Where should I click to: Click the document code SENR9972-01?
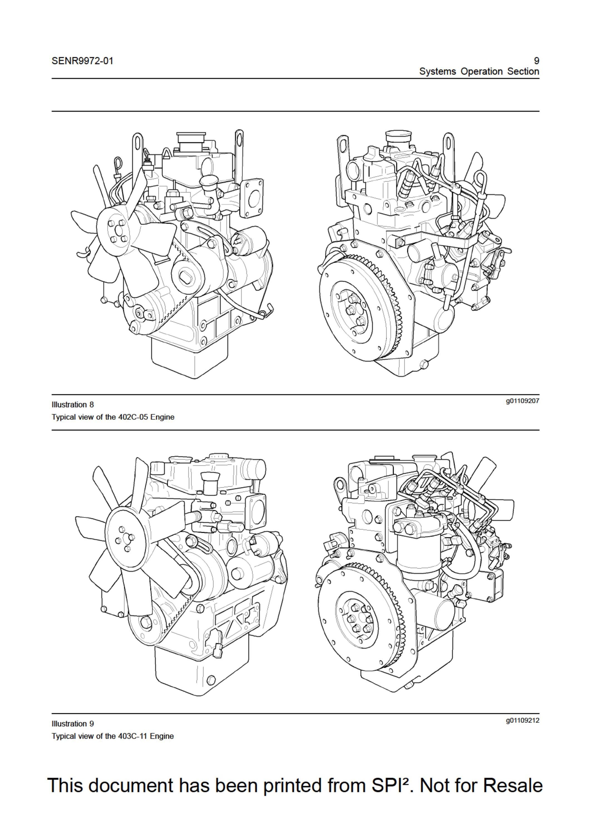[x=83, y=61]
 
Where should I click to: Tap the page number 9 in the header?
[x=536, y=61]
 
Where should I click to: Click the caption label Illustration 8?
[x=73, y=404]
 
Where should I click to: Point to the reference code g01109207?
[x=522, y=401]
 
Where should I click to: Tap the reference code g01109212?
[x=522, y=720]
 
